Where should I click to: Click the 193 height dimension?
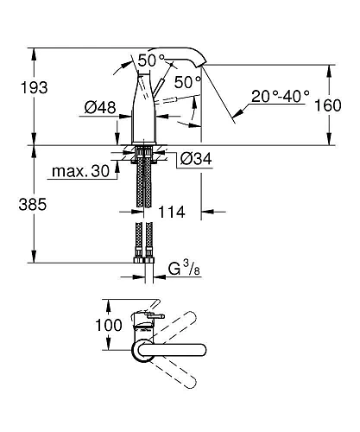click(x=34, y=87)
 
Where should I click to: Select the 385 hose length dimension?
click(x=33, y=205)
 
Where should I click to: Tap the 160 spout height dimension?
click(x=328, y=105)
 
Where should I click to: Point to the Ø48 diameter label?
click(x=100, y=107)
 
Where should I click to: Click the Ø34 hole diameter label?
click(x=196, y=158)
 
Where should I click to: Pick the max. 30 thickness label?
click(x=80, y=171)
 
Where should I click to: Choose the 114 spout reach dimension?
click(x=172, y=213)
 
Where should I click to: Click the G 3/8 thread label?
click(x=184, y=269)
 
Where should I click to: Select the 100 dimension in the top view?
click(x=109, y=325)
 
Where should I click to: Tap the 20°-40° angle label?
click(x=281, y=96)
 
